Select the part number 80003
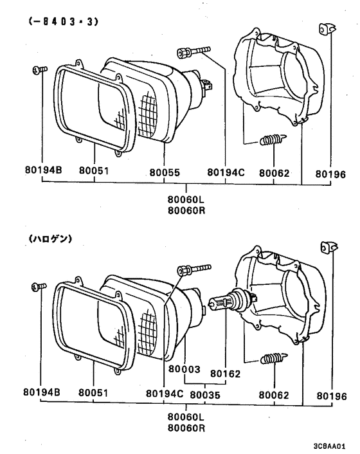[x=185, y=370]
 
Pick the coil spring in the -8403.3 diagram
[x=271, y=139]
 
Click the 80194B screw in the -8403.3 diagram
[x=37, y=69]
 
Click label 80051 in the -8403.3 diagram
[x=94, y=172]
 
